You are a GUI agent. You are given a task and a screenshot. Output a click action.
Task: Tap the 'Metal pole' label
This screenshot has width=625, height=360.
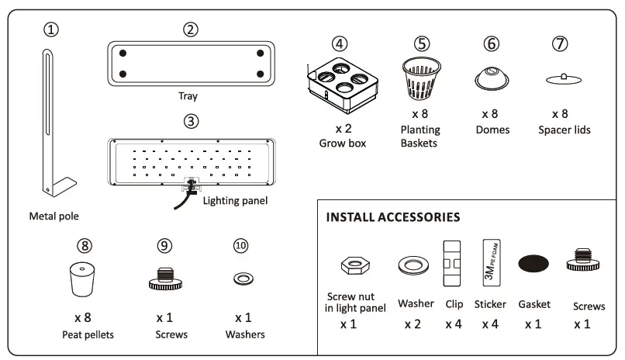tap(54, 216)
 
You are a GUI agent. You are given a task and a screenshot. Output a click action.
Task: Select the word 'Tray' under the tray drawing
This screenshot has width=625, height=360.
tap(188, 96)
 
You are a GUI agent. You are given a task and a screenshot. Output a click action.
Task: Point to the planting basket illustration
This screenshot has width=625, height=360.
tap(421, 79)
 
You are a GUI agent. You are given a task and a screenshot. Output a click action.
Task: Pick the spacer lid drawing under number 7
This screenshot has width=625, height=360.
tap(564, 78)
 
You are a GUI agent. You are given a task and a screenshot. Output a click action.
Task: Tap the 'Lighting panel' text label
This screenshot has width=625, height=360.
tap(235, 201)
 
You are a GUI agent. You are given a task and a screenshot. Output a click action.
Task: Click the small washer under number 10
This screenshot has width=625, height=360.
tap(242, 277)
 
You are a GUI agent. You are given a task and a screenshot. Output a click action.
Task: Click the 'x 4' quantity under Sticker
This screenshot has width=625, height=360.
tap(491, 324)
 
